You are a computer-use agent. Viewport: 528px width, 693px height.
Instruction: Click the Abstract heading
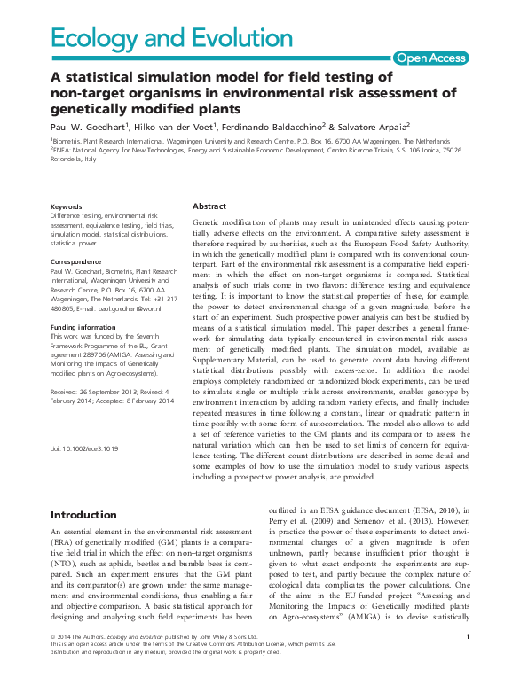(209, 205)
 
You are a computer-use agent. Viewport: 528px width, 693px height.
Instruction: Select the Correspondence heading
(78, 262)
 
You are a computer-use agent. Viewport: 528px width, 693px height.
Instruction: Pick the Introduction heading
(83, 515)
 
